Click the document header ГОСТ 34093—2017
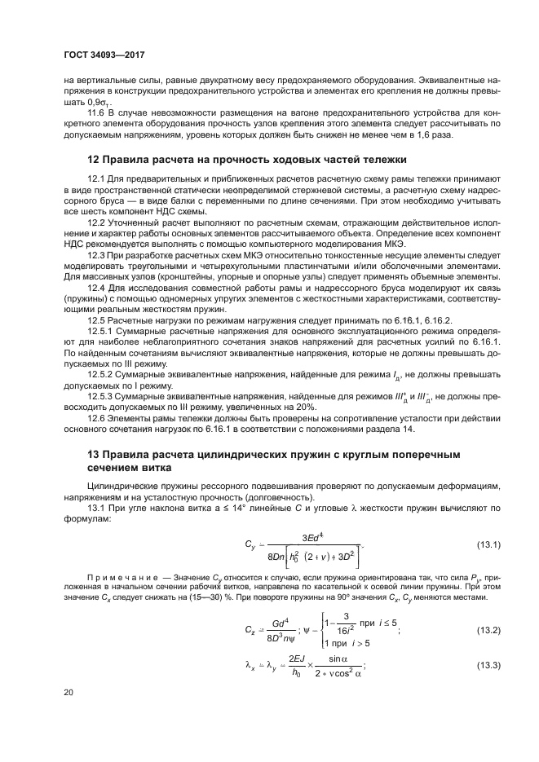(109, 55)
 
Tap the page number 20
(69, 692)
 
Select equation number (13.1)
(488, 544)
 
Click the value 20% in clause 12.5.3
(306, 407)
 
